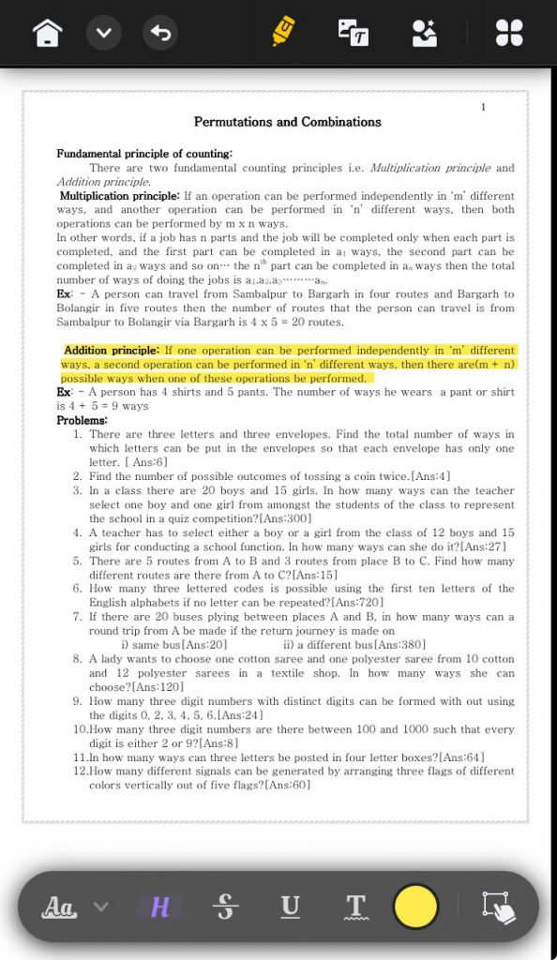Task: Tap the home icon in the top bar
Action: [x=48, y=35]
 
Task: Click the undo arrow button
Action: [x=161, y=35]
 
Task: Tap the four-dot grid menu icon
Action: [x=508, y=34]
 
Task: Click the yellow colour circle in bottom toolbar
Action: [x=415, y=907]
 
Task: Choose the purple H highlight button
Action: [x=160, y=907]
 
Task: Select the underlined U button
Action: [x=291, y=907]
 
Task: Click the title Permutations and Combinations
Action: [x=287, y=122]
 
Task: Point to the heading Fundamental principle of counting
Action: [x=144, y=154]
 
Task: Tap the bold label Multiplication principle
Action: [x=119, y=196]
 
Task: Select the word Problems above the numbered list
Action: [x=82, y=421]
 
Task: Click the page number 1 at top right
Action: [x=483, y=108]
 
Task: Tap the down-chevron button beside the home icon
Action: [x=104, y=35]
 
